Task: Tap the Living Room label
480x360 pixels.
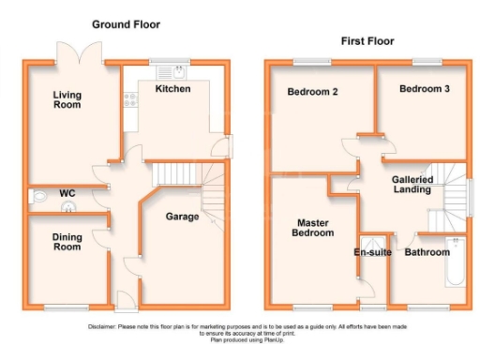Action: [x=66, y=99]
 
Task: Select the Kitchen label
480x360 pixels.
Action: [x=172, y=89]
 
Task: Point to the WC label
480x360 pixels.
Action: [x=67, y=194]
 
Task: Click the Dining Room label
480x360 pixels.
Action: [x=67, y=242]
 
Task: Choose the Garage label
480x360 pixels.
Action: [x=182, y=217]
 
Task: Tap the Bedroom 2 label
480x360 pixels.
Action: [x=312, y=92]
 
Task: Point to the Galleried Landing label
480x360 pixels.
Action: [x=412, y=184]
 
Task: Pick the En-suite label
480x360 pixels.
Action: [x=372, y=252]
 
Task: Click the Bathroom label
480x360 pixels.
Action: [x=427, y=252]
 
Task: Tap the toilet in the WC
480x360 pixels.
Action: [x=38, y=197]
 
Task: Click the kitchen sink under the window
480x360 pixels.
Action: [x=172, y=72]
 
